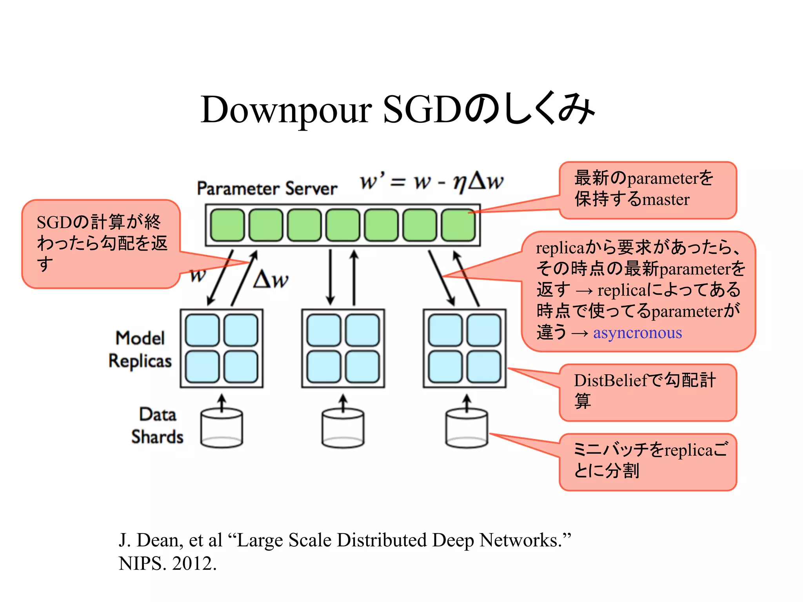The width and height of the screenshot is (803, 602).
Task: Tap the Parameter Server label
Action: [x=267, y=189]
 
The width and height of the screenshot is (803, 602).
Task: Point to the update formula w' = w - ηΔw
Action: [x=431, y=181]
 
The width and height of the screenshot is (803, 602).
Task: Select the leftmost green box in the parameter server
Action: [x=227, y=225]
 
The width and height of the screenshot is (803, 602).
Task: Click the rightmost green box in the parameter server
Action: [x=458, y=225]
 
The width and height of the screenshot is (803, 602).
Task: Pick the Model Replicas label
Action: [x=140, y=349]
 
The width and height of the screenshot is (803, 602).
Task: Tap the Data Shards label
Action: [x=157, y=426]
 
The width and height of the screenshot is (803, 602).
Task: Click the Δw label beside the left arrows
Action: [x=271, y=280]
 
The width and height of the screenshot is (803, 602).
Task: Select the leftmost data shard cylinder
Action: [x=222, y=428]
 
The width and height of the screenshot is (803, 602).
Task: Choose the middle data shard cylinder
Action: [x=343, y=428]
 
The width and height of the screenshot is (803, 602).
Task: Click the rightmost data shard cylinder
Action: [x=467, y=428]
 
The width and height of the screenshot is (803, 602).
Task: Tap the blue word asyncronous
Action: [x=637, y=333]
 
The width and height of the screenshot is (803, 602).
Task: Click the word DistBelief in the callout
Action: [x=611, y=381]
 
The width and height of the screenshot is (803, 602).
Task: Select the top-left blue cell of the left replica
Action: [x=202, y=330]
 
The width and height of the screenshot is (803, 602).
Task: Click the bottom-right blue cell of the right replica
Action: [x=484, y=367]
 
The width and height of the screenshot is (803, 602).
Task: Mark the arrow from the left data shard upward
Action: [x=222, y=403]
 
